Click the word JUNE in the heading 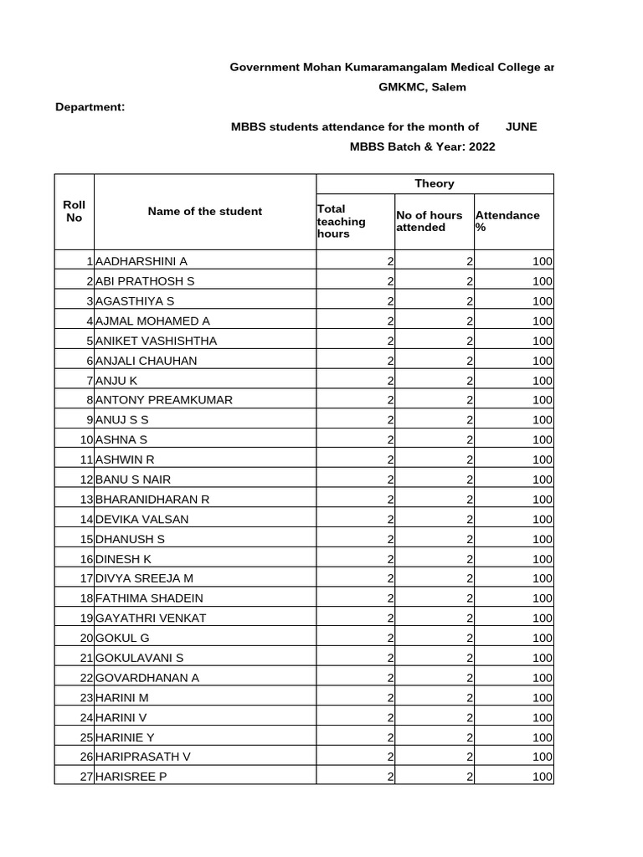(x=521, y=127)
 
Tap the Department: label (x=90, y=107)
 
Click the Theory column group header (x=434, y=183)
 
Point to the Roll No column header (x=75, y=211)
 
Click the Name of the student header (x=204, y=211)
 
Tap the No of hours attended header (x=429, y=221)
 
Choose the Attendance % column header (x=507, y=221)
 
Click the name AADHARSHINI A (x=141, y=261)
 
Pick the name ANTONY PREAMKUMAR (x=164, y=400)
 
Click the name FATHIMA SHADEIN (x=149, y=598)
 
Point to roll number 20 (x=85, y=638)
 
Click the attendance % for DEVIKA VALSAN (x=542, y=519)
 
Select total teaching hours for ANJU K (x=390, y=380)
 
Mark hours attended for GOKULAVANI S (x=470, y=658)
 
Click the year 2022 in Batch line (x=482, y=147)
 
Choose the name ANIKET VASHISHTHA (x=156, y=341)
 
